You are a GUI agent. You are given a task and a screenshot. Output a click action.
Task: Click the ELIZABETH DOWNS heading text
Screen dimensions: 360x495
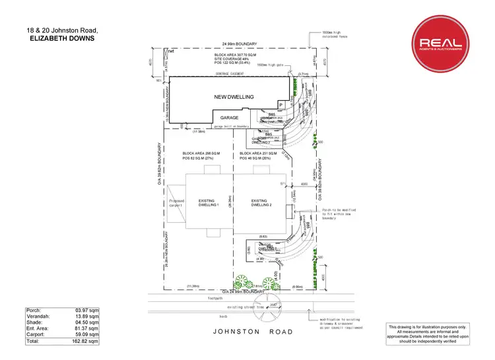53,38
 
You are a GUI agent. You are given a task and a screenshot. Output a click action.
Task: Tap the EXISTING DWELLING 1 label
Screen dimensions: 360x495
207,202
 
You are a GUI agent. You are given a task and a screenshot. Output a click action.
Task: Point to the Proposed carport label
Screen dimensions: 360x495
176,202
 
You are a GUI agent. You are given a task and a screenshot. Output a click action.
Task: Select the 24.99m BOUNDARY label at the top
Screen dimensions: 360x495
238,44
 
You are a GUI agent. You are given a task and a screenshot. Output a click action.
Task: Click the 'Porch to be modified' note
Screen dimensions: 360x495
343,210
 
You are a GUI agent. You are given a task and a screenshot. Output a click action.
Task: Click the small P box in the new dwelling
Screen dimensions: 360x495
280,104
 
